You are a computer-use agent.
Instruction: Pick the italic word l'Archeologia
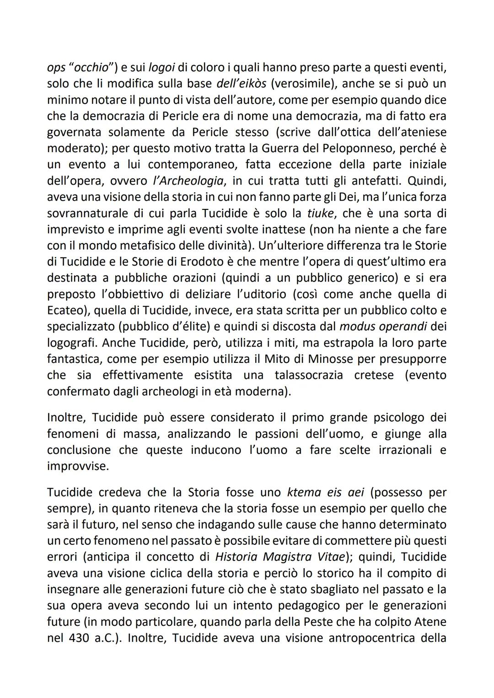click(x=188, y=181)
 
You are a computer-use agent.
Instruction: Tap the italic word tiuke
click(x=320, y=213)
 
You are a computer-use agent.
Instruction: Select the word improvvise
click(x=78, y=466)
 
